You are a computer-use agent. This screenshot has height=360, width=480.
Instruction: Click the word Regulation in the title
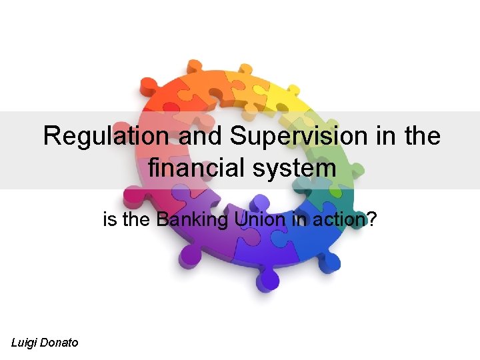pyautogui.click(x=105, y=137)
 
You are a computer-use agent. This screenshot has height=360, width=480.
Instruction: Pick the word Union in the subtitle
pyautogui.click(x=253, y=219)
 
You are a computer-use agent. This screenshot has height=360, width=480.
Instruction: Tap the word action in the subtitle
pyautogui.click(x=331, y=219)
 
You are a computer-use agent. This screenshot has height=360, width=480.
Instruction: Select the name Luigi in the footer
pyautogui.click(x=26, y=343)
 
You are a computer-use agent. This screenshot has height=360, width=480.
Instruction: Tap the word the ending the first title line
pyautogui.click(x=421, y=137)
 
